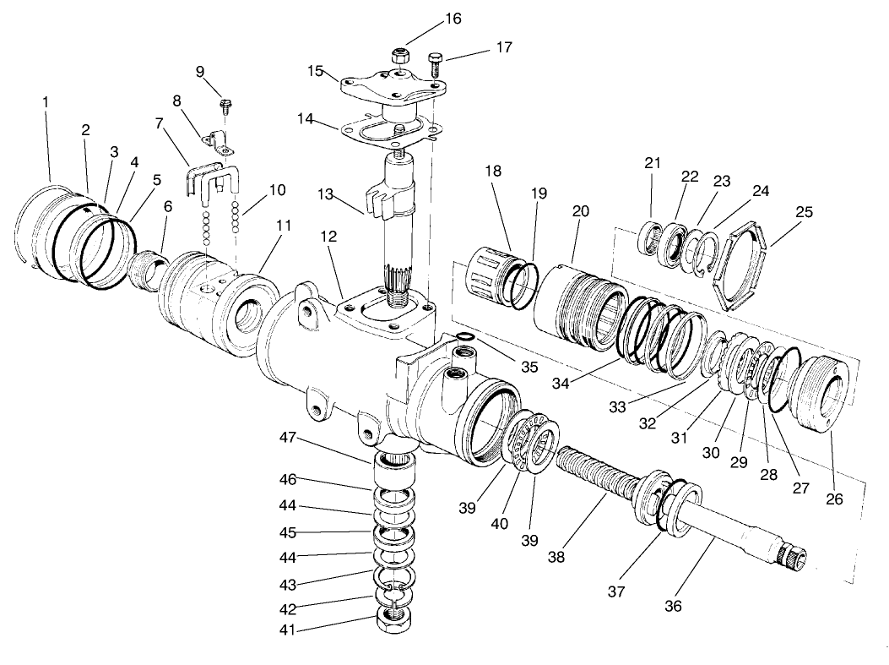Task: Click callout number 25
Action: [x=804, y=211]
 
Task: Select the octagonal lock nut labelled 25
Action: [x=736, y=265]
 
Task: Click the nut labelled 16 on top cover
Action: [x=400, y=57]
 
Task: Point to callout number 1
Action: [x=46, y=101]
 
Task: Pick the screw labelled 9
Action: [x=225, y=106]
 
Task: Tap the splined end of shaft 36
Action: [x=797, y=557]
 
